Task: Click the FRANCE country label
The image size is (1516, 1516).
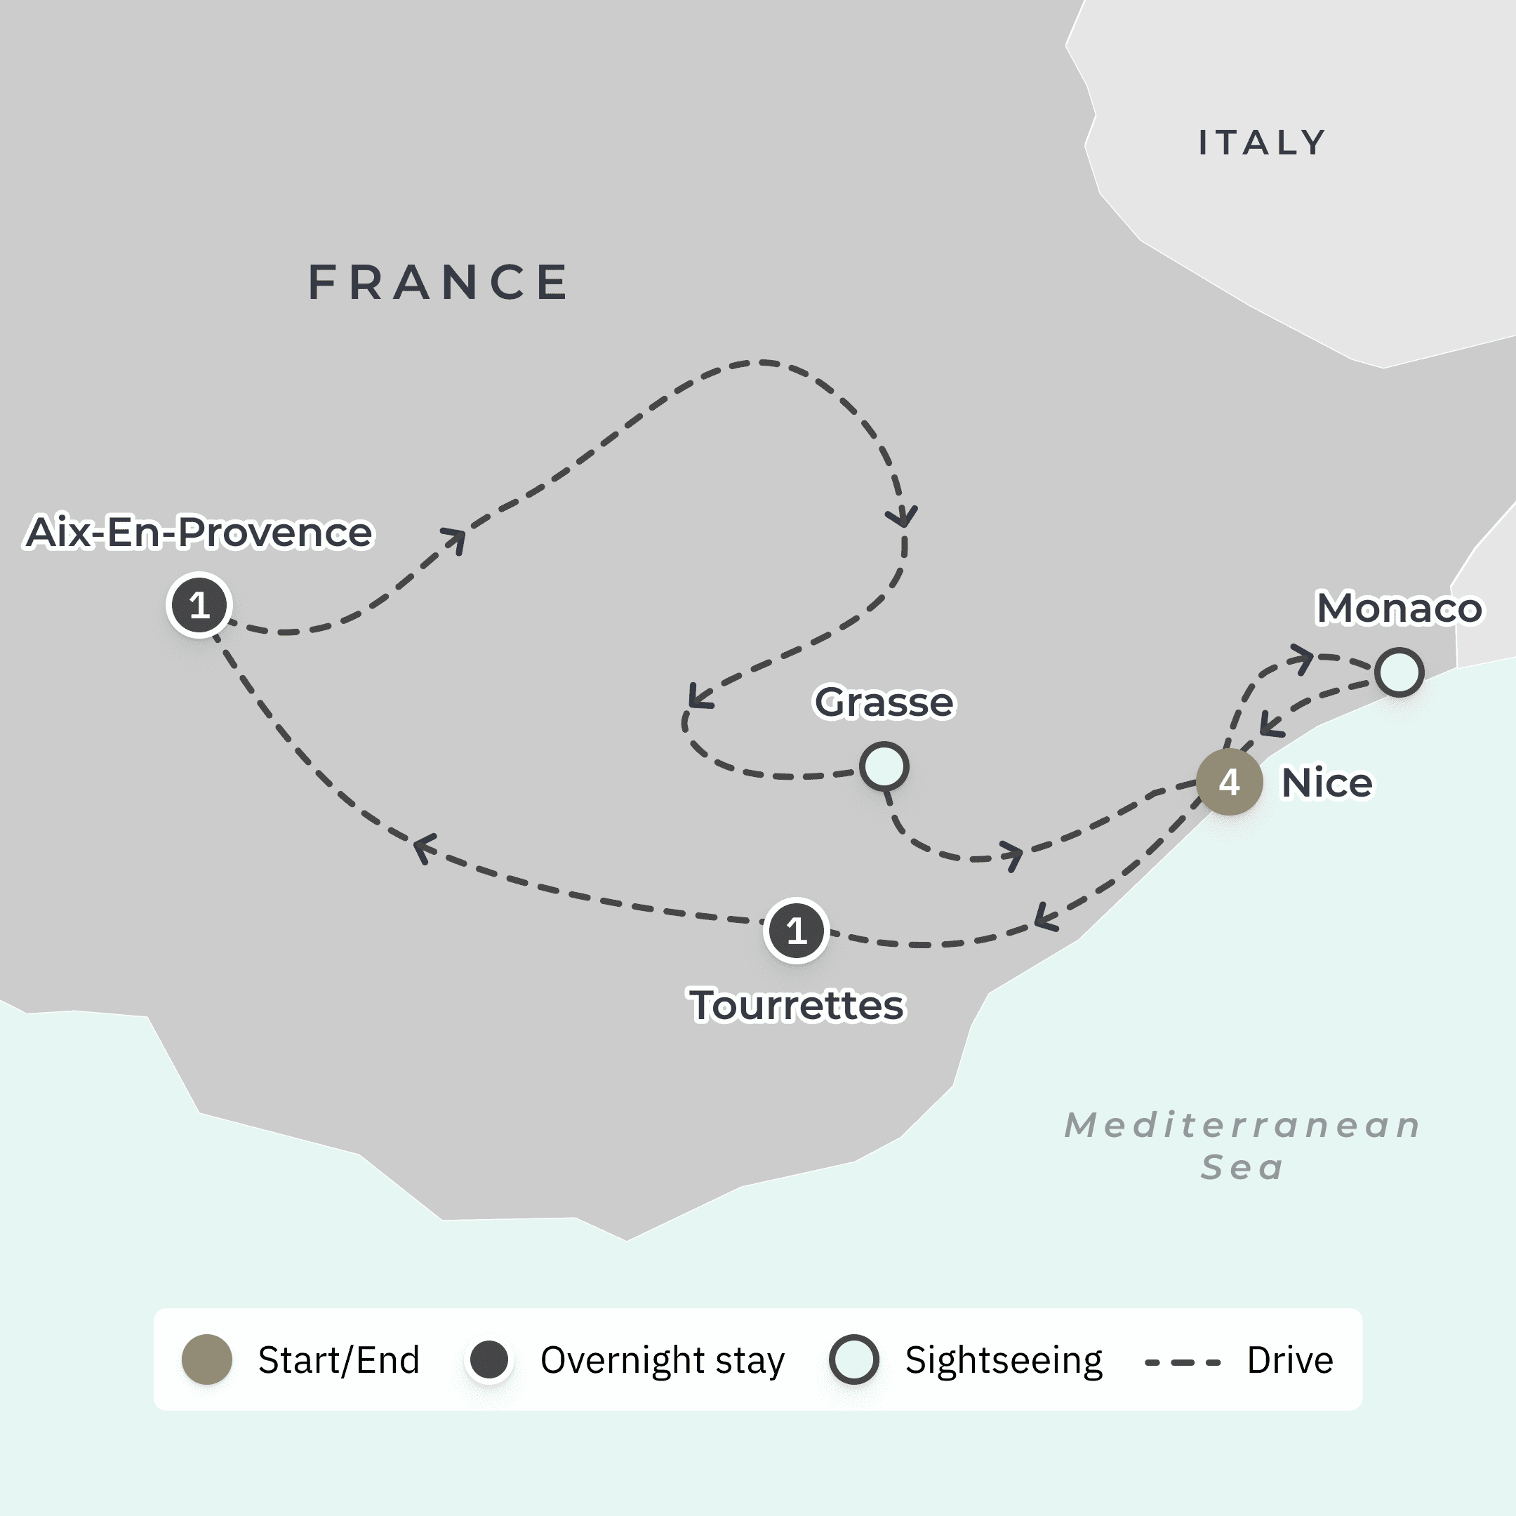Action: point(438,282)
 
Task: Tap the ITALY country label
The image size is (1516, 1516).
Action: point(1262,142)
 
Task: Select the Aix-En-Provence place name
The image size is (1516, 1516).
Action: point(199,532)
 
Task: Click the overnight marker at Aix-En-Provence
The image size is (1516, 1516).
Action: point(199,605)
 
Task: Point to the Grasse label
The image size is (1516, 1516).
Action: point(884,702)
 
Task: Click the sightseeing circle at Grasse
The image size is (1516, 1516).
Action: point(884,766)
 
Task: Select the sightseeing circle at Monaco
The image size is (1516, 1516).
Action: point(1399,672)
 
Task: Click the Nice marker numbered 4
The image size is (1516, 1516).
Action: point(1229,782)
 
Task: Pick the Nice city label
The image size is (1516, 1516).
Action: point(1327,783)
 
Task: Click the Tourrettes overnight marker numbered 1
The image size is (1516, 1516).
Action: point(797,931)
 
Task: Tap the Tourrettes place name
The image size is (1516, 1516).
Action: point(797,1005)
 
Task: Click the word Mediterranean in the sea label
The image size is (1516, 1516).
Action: point(1243,1125)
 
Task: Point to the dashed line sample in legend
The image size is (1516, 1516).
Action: point(1183,1362)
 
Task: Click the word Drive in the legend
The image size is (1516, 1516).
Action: point(1290,1360)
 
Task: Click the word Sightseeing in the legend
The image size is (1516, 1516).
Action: point(1004,1361)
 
